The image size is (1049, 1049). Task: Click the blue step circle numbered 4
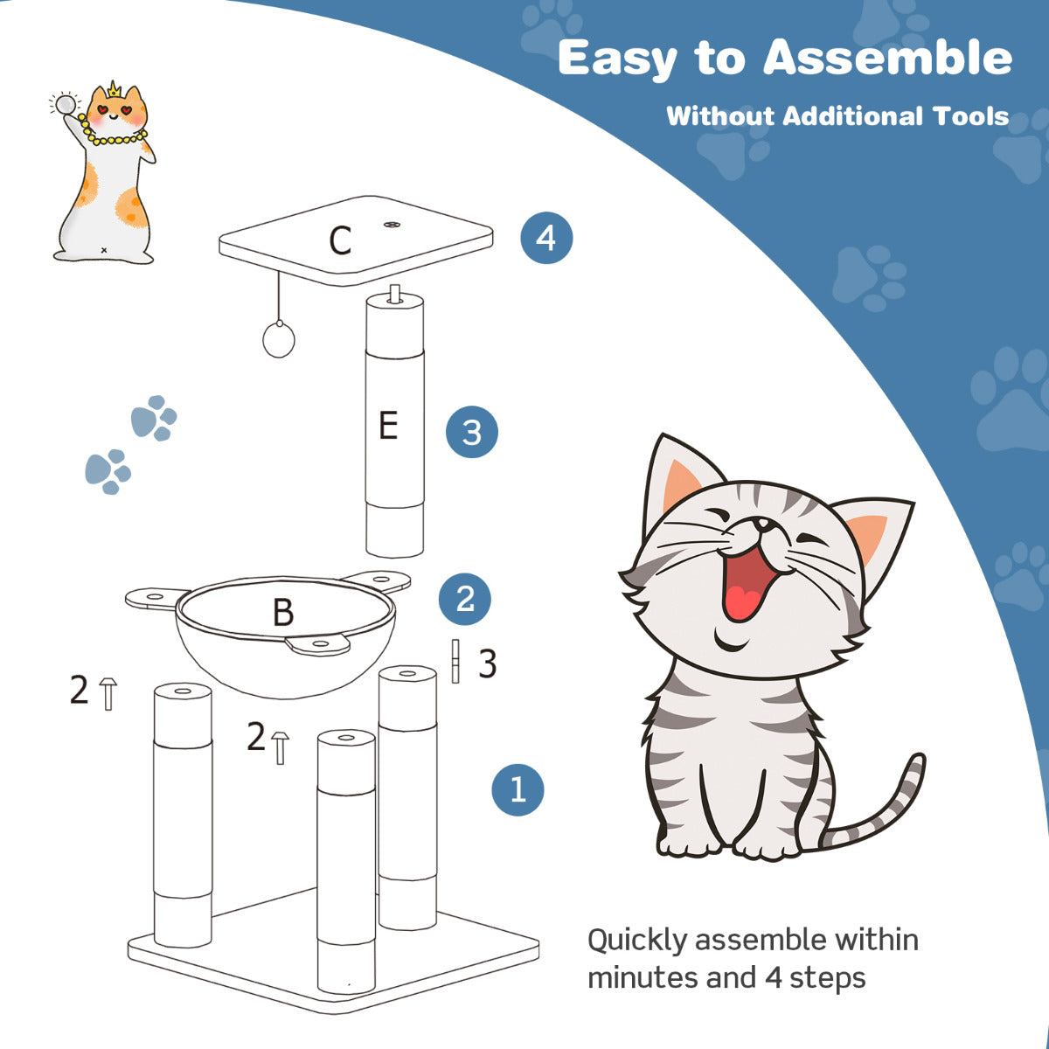tap(546, 238)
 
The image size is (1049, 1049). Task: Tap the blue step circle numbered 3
tap(471, 432)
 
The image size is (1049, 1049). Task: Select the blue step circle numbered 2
tap(465, 599)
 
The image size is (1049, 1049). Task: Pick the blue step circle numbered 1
tap(518, 789)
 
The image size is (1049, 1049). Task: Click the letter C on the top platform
tap(340, 241)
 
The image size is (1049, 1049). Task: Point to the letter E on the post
tap(388, 427)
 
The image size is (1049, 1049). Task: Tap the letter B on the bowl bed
tap(282, 613)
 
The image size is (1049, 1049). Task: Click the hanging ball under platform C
tap(279, 340)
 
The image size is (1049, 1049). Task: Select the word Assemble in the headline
tap(887, 59)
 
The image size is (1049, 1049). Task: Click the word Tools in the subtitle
tap(970, 116)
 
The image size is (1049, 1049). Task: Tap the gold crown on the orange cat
tap(114, 90)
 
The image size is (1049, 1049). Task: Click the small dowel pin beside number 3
tap(455, 662)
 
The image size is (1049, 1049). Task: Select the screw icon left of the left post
tap(108, 692)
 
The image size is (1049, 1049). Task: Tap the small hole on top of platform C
tap(391, 226)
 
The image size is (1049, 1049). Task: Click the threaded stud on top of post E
tap(394, 293)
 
